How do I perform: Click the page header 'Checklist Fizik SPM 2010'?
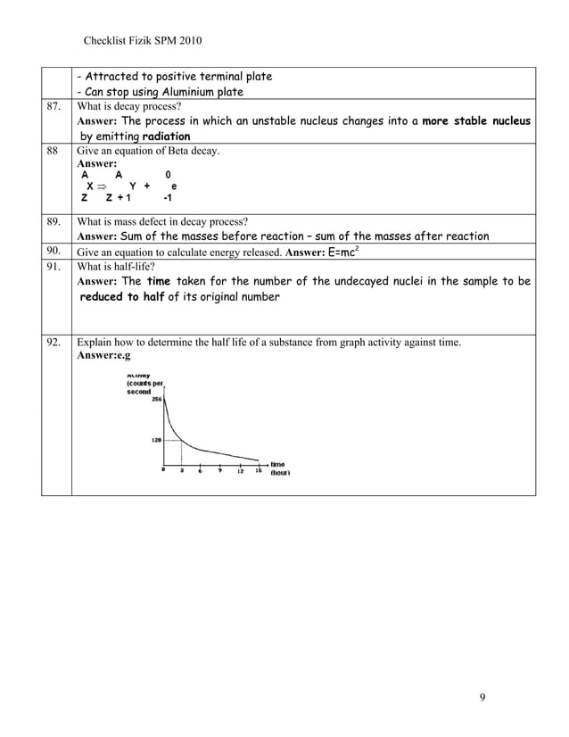tap(142, 41)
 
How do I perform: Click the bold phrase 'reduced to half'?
tap(122, 296)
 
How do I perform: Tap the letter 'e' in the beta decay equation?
tap(173, 187)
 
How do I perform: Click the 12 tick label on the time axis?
tap(240, 472)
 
